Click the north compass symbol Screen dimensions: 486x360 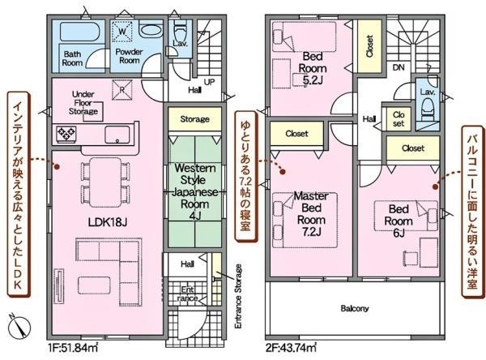point(19,327)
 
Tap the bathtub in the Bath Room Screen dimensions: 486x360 point(79,32)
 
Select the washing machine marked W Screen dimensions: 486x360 point(122,31)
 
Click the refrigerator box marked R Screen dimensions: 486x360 point(122,90)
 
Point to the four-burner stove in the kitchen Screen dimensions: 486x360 point(66,134)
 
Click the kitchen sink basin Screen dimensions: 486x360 point(117,135)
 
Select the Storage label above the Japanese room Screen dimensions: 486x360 point(194,119)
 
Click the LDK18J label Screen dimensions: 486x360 point(108,222)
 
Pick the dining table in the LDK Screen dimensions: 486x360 point(105,182)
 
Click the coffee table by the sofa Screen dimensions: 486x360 point(94,285)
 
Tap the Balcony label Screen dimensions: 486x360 point(355,308)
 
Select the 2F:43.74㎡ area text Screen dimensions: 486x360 point(291,347)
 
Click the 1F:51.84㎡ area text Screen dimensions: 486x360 point(73,347)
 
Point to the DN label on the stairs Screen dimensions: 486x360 point(399,67)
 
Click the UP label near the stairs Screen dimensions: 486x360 point(209,82)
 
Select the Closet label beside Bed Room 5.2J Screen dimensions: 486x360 point(369,46)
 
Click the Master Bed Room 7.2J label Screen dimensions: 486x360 point(311,214)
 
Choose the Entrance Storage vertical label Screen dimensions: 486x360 point(238,296)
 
